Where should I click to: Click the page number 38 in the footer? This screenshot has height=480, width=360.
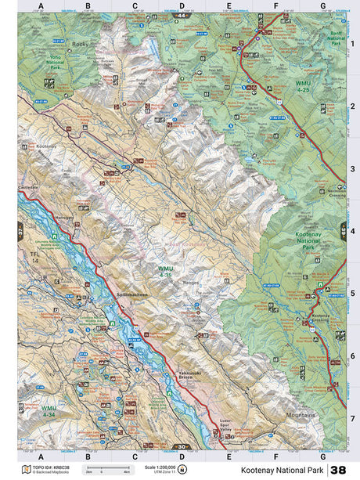(x=338, y=469)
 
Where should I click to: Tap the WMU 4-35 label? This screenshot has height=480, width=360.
(x=155, y=272)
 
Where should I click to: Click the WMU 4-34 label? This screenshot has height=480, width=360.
(x=50, y=410)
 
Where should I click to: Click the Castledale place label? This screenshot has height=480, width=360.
(x=28, y=188)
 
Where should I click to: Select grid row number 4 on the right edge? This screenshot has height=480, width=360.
(x=353, y=231)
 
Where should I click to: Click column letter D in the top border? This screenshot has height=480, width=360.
(x=182, y=5)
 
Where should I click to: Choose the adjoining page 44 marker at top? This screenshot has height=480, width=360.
(x=182, y=16)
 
